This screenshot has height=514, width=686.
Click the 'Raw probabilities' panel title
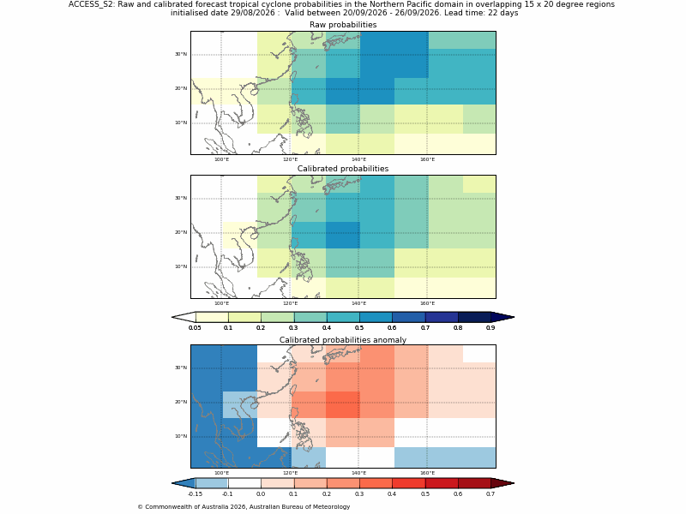click(x=343, y=25)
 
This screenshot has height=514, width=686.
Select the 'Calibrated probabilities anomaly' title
click(x=343, y=340)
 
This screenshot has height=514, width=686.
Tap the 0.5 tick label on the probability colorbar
click(x=359, y=328)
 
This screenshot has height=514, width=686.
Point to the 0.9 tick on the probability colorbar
click(x=490, y=328)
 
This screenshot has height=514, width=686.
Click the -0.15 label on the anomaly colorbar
click(x=195, y=494)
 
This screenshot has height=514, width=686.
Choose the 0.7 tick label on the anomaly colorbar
click(x=490, y=494)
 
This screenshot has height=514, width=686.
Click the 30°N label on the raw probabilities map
click(x=181, y=54)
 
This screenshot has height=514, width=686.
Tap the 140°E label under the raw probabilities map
click(x=358, y=159)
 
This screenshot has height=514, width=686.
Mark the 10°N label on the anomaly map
click(x=181, y=436)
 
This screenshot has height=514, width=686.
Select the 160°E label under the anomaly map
click(x=427, y=474)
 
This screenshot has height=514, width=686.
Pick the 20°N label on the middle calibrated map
click(x=181, y=232)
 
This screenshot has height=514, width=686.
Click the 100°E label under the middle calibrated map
click(x=221, y=304)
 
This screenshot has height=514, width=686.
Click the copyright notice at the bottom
click(x=244, y=507)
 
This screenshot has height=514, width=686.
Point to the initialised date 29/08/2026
click(x=223, y=13)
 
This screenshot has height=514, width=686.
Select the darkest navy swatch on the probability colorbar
click(x=474, y=317)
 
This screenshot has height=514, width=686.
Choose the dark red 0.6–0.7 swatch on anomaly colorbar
click(x=474, y=483)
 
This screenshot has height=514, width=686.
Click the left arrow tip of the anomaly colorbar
click(x=172, y=483)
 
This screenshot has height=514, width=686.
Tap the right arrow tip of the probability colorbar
click(x=514, y=317)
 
